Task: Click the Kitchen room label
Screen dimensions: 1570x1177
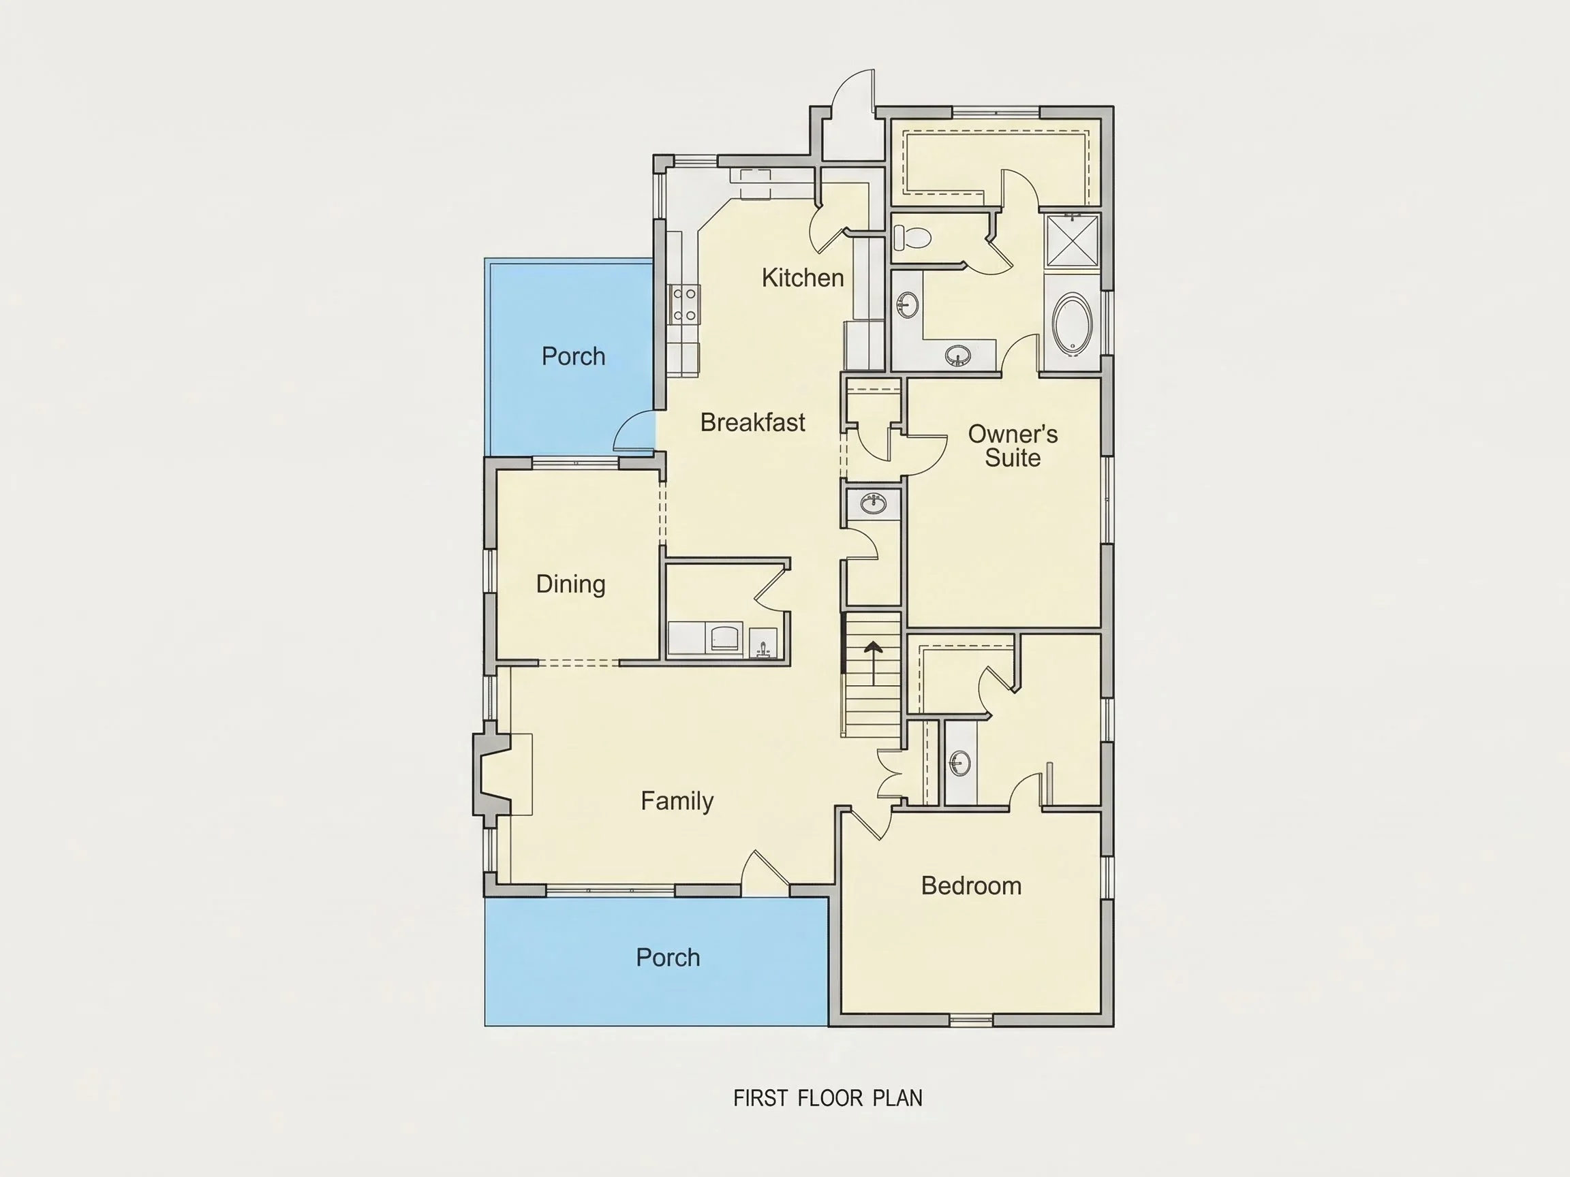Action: click(803, 277)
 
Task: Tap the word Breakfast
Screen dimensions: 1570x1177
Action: click(752, 422)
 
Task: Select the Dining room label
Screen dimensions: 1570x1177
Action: click(570, 584)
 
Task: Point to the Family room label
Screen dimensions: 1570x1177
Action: click(677, 801)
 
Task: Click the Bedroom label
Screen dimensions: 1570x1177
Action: click(971, 885)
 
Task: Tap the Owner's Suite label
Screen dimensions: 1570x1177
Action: click(1013, 445)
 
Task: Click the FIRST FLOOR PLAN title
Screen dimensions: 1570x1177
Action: click(827, 1098)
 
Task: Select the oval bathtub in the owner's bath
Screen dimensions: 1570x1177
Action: click(1072, 325)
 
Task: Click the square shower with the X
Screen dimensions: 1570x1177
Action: click(1072, 240)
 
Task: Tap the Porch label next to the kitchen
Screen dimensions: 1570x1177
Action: click(574, 356)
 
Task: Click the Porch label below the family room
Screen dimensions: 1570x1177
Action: click(668, 958)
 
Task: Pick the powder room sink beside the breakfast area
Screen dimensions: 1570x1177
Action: click(873, 505)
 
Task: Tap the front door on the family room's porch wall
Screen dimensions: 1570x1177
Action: click(763, 869)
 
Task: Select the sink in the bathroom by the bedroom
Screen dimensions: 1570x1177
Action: click(960, 763)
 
